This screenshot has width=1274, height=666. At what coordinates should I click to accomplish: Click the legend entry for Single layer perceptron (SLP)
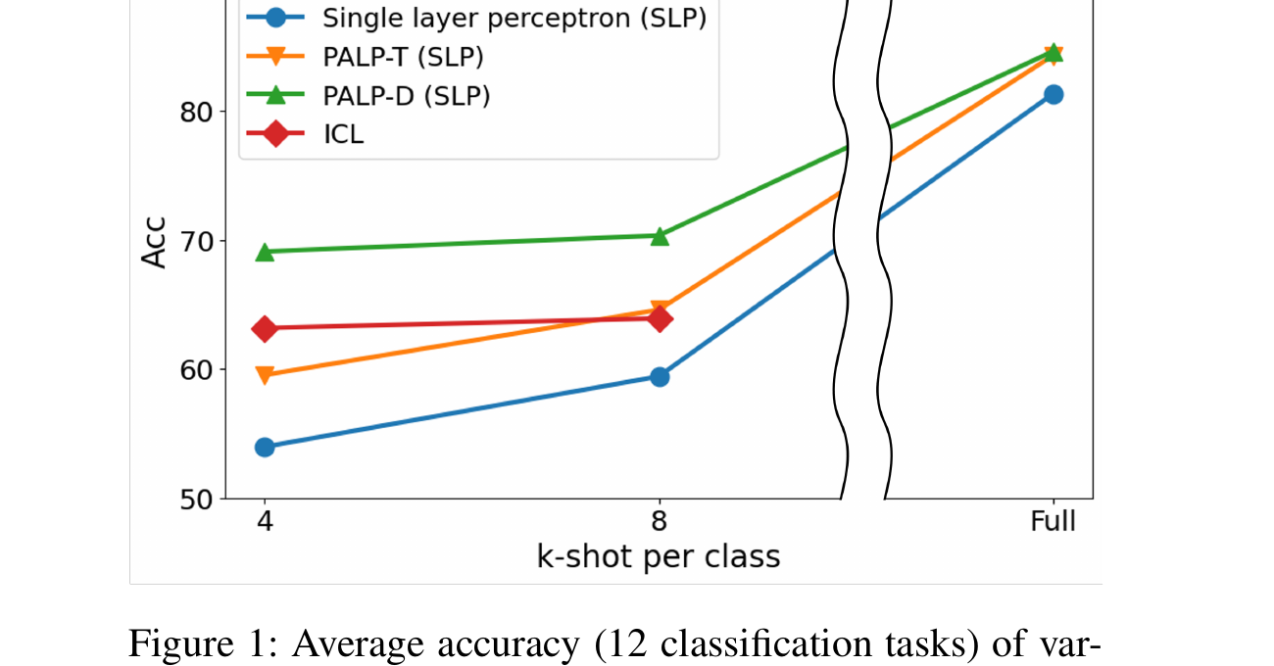[514, 18]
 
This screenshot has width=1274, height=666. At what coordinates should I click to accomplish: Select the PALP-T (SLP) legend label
[403, 57]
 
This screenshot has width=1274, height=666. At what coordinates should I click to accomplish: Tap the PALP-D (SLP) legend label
[407, 95]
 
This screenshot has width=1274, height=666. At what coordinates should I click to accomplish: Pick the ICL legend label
[343, 134]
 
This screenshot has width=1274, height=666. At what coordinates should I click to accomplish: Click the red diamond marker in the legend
[276, 134]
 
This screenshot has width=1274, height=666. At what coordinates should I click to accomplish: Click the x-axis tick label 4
[265, 521]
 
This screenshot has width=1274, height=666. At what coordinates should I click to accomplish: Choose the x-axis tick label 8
[660, 521]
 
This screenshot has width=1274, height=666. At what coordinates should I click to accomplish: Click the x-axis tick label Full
[1053, 521]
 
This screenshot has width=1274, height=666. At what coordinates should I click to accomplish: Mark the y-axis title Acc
[154, 242]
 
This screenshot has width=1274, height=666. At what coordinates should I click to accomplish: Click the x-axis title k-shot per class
[659, 556]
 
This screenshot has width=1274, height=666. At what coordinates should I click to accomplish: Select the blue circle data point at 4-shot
[265, 448]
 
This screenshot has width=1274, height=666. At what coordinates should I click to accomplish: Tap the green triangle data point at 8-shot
[660, 235]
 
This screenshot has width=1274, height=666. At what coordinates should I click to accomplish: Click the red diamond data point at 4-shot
[265, 328]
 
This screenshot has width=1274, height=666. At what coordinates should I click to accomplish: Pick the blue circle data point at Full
[1053, 94]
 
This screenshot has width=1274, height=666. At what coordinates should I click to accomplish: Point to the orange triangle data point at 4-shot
[265, 376]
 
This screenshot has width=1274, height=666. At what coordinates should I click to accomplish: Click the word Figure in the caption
[185, 645]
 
